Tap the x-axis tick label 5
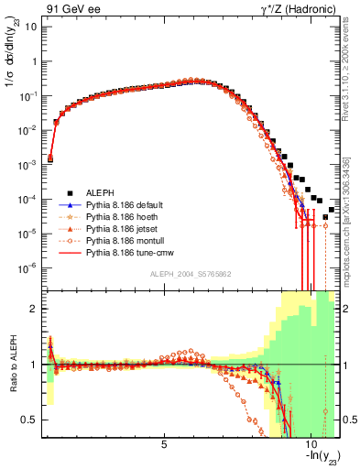(164, 445)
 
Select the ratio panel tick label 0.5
(29, 420)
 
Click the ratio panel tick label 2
(34, 309)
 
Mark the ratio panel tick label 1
(34, 365)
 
